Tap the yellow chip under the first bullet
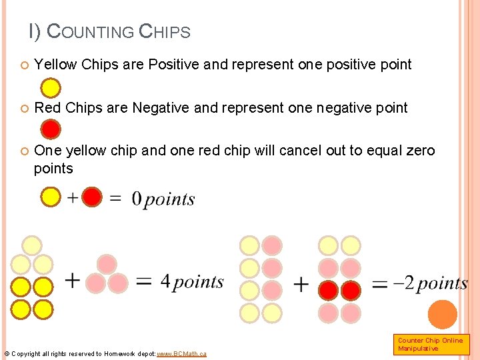pos(51,88)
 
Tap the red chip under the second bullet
pos(51,128)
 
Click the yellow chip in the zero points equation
pos(51,197)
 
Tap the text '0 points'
pos(163,199)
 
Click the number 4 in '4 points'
pos(165,281)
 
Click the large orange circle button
pos(441,315)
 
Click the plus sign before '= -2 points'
pos(301,285)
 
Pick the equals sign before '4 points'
pos(144,282)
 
